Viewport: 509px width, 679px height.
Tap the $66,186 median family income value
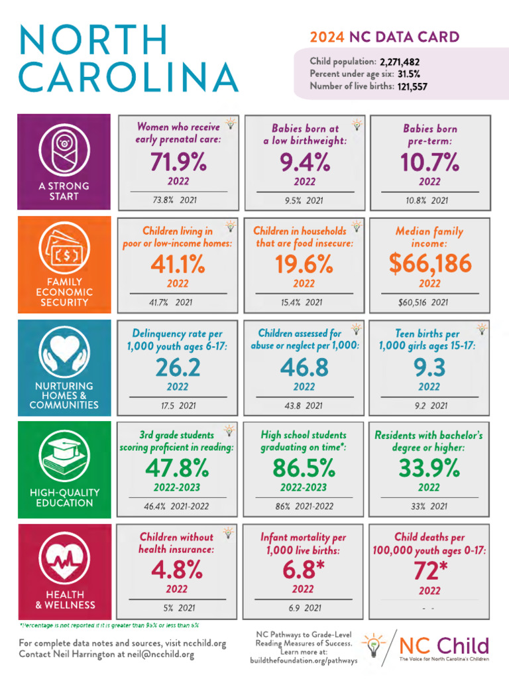429,265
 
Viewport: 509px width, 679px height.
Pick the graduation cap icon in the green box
64,457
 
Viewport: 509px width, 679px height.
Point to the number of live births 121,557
412,86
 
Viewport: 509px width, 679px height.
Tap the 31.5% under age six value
409,74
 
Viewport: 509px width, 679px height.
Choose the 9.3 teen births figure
429,367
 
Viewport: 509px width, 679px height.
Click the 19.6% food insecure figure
304,265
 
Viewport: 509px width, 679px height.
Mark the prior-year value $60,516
409,302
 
